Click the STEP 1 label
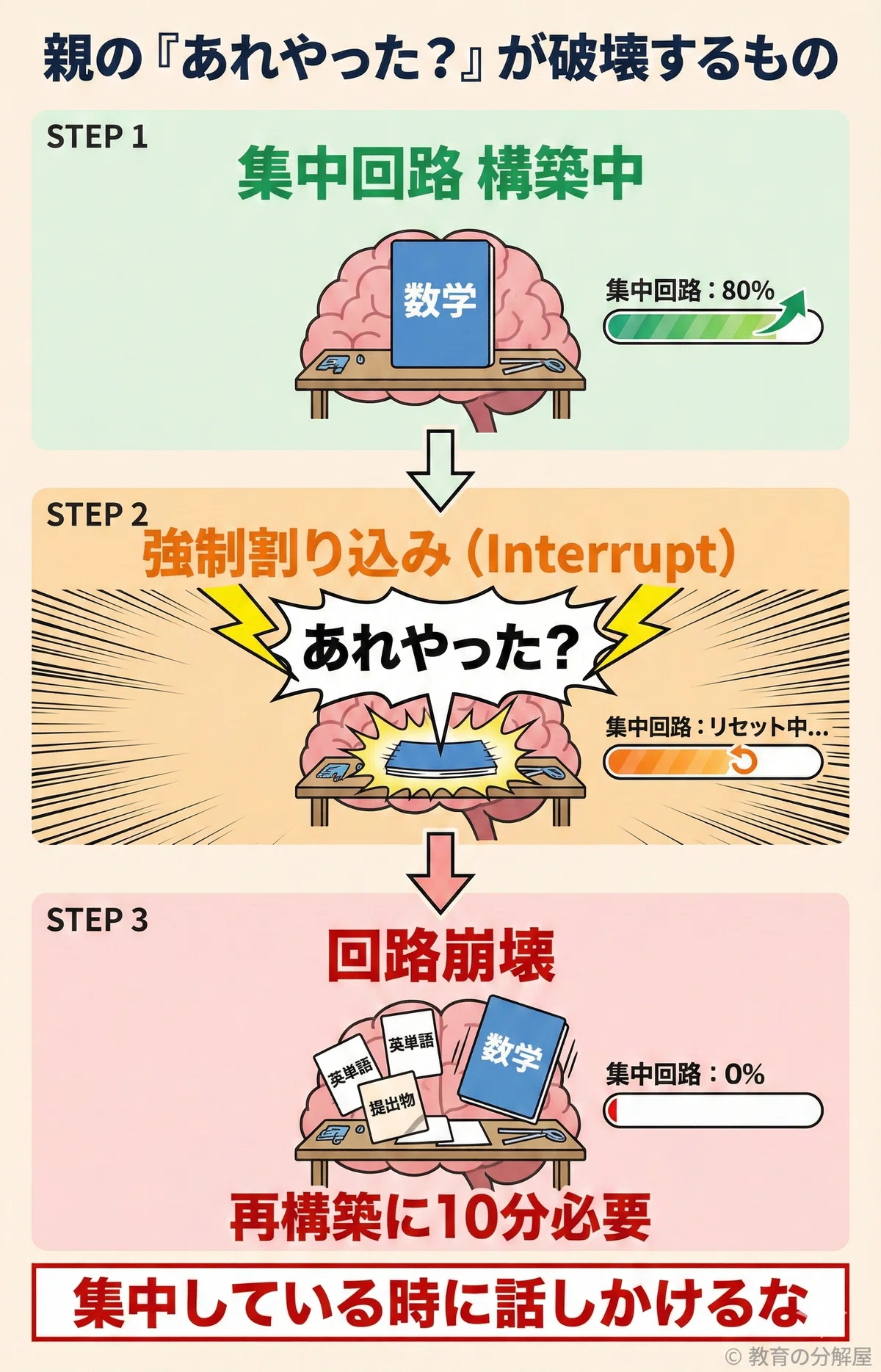tap(97, 137)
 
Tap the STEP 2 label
tap(97, 515)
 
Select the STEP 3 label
tap(97, 920)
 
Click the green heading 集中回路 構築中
tap(440, 174)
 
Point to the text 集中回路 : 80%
tap(689, 291)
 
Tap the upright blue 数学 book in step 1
tap(441, 303)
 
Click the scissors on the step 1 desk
tap(532, 365)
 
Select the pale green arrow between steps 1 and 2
tap(440, 471)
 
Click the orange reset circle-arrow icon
tap(743, 761)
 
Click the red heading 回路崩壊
tap(440, 957)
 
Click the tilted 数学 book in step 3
tap(513, 1058)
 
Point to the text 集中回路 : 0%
tap(685, 1074)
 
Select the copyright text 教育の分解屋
tap(809, 1355)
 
